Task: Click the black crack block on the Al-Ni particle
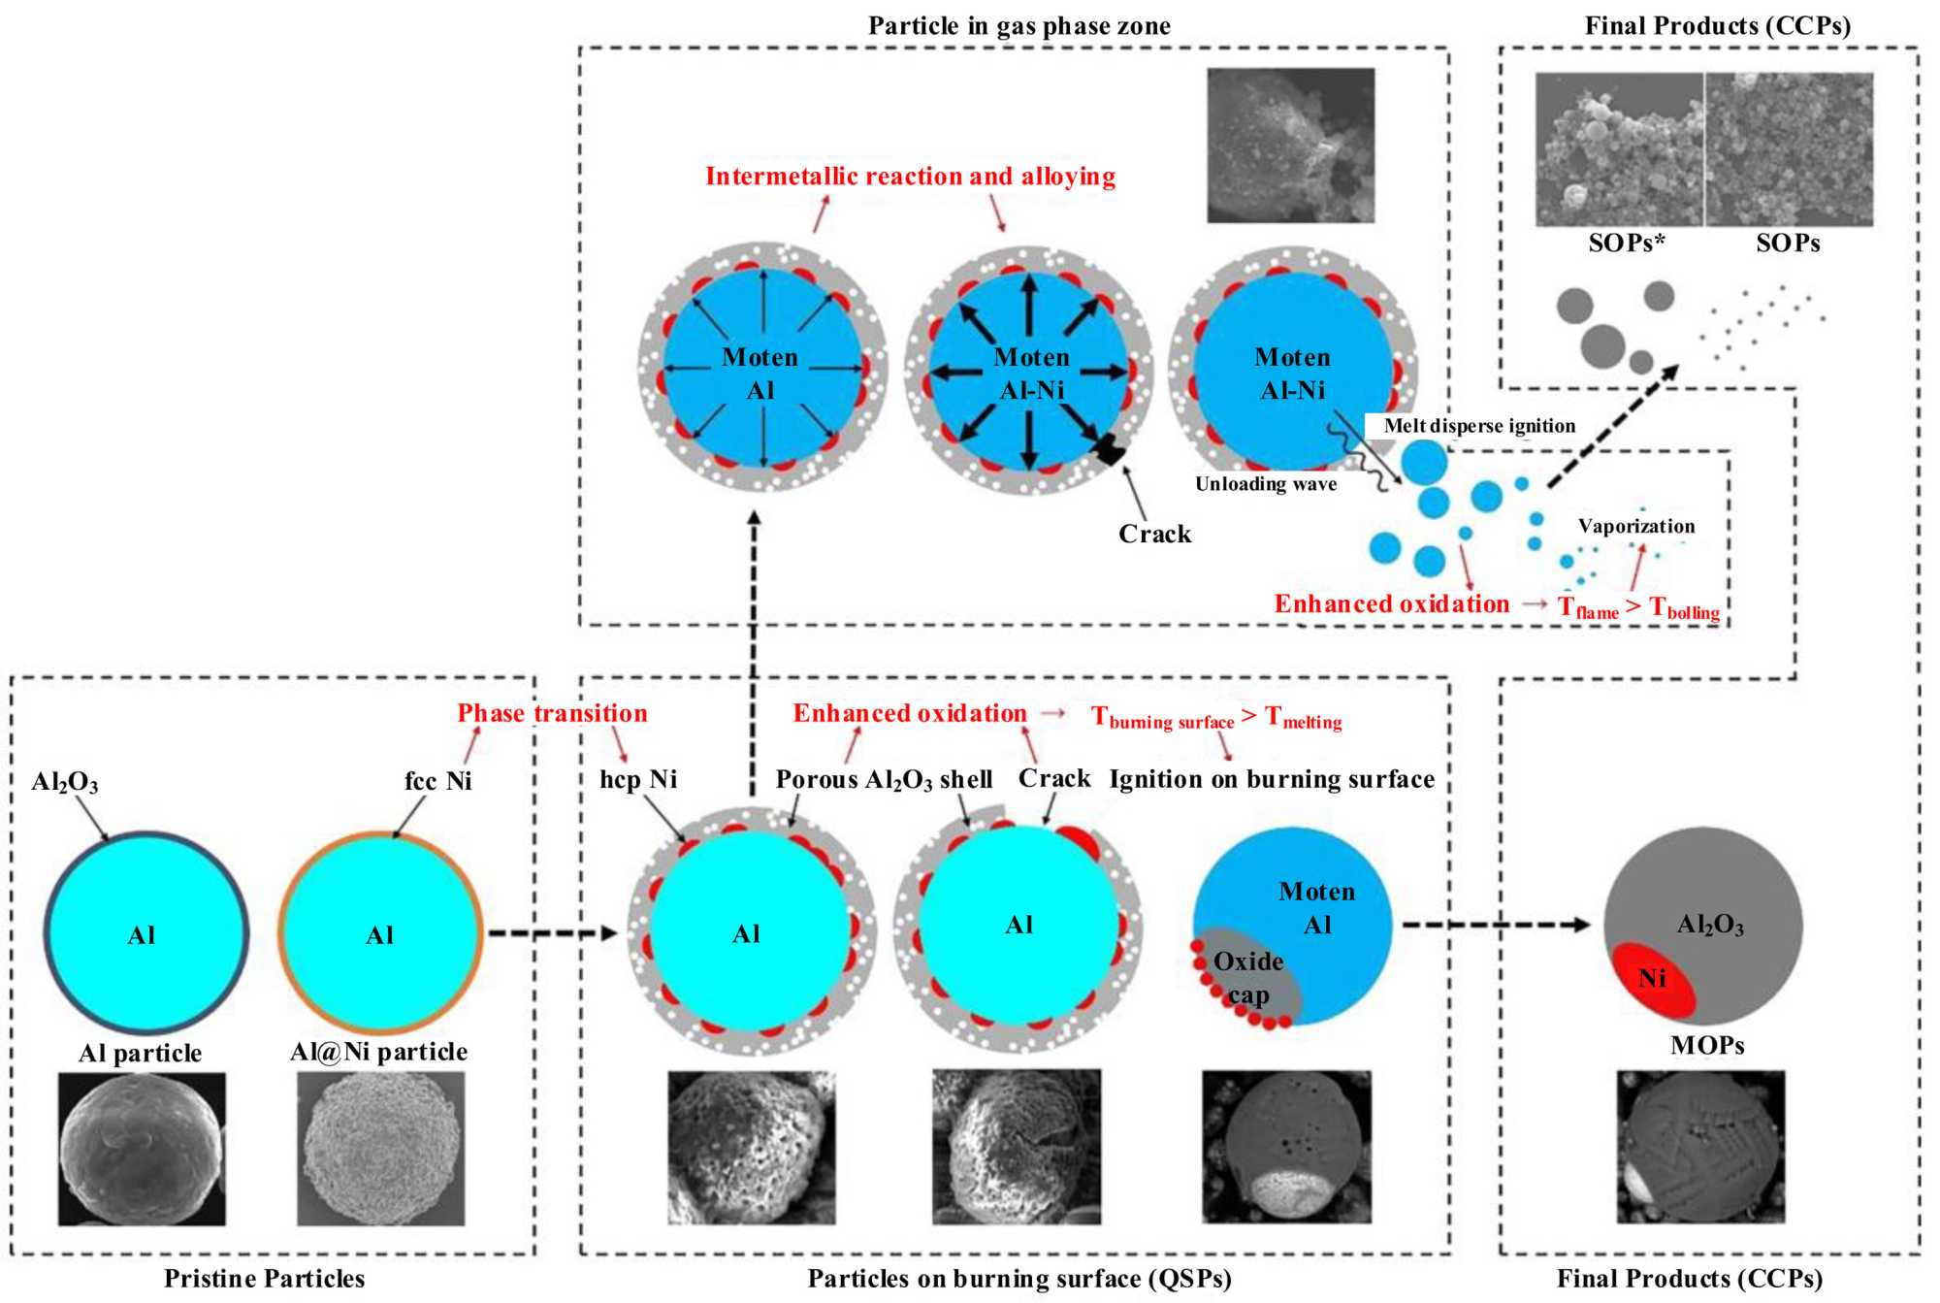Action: pyautogui.click(x=1107, y=449)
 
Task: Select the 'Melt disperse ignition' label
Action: pyautogui.click(x=1479, y=426)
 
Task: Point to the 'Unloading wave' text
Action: pyautogui.click(x=1265, y=484)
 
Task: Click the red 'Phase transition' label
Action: pyautogui.click(x=552, y=713)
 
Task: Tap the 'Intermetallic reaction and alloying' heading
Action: pyautogui.click(x=910, y=177)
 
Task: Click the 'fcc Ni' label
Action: pyautogui.click(x=437, y=781)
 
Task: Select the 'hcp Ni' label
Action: pyautogui.click(x=638, y=780)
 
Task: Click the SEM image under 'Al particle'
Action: pyautogui.click(x=142, y=1149)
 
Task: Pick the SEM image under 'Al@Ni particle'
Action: pyautogui.click(x=380, y=1149)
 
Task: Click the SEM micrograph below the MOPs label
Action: pyautogui.click(x=1700, y=1147)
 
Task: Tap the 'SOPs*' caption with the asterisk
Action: pyautogui.click(x=1626, y=244)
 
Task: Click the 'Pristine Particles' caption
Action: pyautogui.click(x=264, y=1279)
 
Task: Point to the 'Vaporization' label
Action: pyautogui.click(x=1636, y=527)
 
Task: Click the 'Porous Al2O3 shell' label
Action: pyautogui.click(x=884, y=780)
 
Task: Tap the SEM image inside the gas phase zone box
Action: pyautogui.click(x=1290, y=146)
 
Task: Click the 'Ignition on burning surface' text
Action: pyautogui.click(x=1272, y=780)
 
